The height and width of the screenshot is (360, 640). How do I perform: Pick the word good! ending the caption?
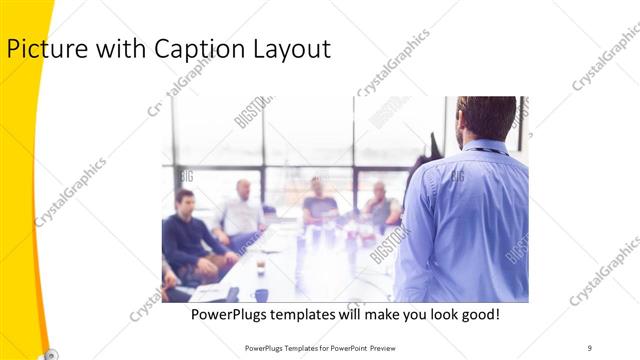tap(479, 315)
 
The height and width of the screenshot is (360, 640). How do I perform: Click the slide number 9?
tap(590, 347)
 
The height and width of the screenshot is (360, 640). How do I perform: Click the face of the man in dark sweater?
tap(185, 199)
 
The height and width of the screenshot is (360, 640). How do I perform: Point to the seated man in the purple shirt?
tap(318, 200)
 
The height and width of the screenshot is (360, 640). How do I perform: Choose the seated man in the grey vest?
tap(380, 204)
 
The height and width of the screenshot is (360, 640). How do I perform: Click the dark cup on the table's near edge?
tap(260, 294)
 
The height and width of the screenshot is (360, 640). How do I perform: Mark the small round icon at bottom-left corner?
tap(50, 353)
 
